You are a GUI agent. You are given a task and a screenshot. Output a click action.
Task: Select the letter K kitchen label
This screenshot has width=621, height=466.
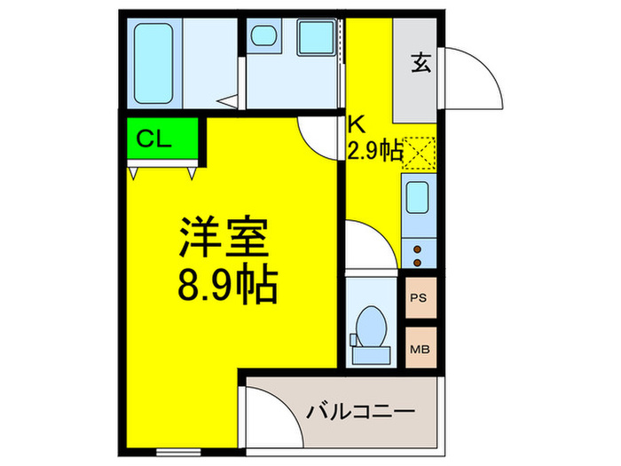355,125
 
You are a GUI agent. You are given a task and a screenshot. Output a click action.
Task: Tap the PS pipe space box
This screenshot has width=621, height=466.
419,298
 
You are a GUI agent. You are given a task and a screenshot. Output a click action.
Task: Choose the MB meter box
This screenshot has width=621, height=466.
419,348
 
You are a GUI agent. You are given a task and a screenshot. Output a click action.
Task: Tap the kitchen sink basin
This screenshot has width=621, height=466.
418,197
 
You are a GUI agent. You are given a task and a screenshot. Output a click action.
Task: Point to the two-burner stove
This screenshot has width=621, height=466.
418,254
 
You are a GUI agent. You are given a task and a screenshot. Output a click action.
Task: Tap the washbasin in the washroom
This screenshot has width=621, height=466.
264,38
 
